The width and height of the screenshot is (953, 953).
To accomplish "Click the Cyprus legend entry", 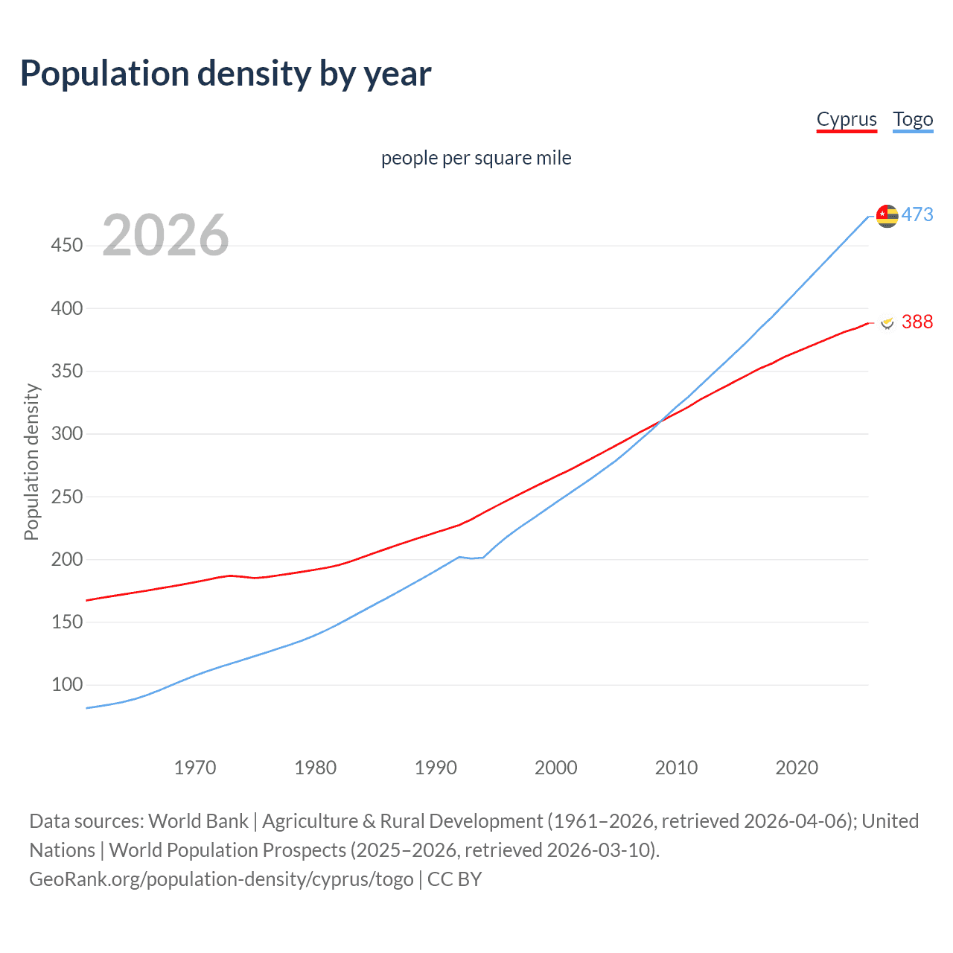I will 847,119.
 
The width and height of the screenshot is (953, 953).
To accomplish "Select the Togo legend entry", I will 913,119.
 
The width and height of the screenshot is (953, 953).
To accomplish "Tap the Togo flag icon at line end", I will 887,216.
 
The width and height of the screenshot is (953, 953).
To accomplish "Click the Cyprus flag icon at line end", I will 887,322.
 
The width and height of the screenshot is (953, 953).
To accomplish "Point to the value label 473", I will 917,214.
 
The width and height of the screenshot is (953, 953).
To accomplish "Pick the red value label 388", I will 917,322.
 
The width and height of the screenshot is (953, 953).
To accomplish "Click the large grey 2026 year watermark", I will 165,235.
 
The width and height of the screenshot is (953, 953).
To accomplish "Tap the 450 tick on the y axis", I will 67,245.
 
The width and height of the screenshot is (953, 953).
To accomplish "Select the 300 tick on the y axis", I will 67,433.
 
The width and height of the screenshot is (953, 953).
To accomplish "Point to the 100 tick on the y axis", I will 67,684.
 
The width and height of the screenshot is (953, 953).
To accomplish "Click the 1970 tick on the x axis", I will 195,768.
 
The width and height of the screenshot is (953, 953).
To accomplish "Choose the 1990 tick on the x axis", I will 436,768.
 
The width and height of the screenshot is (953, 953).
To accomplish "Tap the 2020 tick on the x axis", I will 797,768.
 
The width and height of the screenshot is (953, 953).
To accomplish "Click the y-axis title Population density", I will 31,462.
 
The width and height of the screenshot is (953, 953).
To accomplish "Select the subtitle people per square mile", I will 476,158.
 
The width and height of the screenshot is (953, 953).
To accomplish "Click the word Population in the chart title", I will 104,74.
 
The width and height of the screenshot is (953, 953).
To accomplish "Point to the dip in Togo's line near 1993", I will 472,558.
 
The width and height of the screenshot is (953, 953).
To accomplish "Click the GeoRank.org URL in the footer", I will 221,879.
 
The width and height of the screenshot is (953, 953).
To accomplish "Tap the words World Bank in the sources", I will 198,821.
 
